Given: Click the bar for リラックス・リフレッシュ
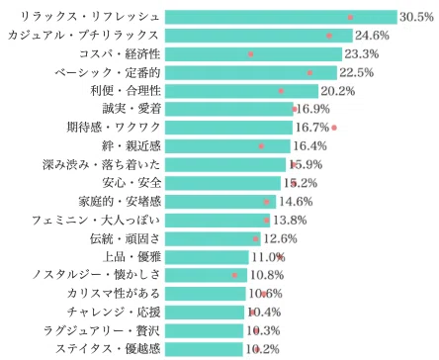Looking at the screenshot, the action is pos(281,17).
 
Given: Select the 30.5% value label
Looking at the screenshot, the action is pos(416,17).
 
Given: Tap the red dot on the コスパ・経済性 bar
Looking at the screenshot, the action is pos(250,54).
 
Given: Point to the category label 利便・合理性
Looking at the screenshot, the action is pos(126,91).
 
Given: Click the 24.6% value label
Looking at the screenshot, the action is pos(372,36).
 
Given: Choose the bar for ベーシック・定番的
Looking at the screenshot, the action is pos(251,72).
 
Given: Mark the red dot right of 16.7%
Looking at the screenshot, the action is pos(334,128).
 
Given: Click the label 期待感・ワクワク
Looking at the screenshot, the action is pos(114,128).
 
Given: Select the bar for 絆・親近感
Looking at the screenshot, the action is pos(227,146).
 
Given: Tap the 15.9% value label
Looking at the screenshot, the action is pos(307,164).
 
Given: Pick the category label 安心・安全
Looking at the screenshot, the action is pos(132,183).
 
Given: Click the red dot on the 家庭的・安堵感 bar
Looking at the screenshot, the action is pos(267,202).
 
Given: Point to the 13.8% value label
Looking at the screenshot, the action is pos(290,220).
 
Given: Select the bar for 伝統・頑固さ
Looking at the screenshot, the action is pos(213,238).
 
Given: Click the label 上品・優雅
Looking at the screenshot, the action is pos(132,257).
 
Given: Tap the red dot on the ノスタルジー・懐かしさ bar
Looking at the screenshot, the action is pos(234,275).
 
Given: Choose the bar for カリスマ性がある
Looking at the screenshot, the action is pos(206,294).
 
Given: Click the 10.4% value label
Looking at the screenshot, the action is pos(264,312).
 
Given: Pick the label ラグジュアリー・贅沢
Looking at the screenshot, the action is pos(102,330).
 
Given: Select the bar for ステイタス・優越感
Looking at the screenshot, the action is pos(204,349).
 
